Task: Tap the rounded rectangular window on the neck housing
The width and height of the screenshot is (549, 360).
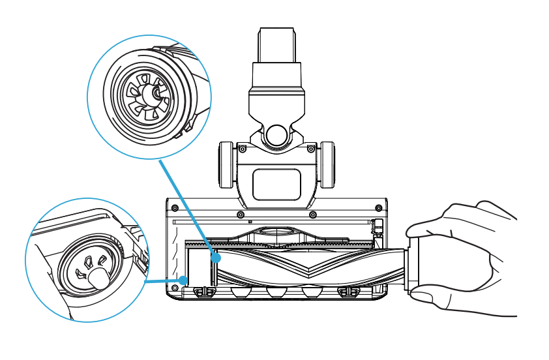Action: pos(276,184)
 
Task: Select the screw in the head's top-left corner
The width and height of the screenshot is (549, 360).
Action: pos(174,208)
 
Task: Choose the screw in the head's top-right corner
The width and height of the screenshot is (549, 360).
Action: pos(379,208)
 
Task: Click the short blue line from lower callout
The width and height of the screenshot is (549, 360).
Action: pos(164,281)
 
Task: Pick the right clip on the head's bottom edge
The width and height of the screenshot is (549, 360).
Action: pos(349,291)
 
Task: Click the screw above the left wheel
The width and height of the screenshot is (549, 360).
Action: pos(243,149)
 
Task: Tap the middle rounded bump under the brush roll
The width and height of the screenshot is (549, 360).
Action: pos(276,292)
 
